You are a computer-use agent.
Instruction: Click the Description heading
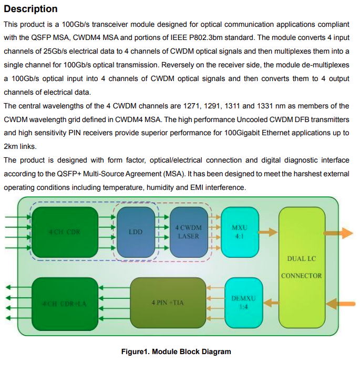pyautogui.click(x=30, y=9)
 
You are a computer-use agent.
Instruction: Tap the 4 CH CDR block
pyautogui.click(x=65, y=232)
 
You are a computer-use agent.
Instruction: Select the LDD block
pyautogui.click(x=136, y=232)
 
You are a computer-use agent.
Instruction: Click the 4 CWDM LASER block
pyautogui.click(x=188, y=232)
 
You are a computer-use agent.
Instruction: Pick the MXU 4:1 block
pyautogui.click(x=239, y=232)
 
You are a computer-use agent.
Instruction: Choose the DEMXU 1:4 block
pyautogui.click(x=243, y=302)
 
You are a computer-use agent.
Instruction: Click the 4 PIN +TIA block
pyautogui.click(x=168, y=303)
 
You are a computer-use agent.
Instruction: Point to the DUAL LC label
pyautogui.click(x=301, y=258)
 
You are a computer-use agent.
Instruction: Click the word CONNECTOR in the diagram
pyautogui.click(x=301, y=275)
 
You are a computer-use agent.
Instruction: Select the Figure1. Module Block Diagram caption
pyautogui.click(x=176, y=351)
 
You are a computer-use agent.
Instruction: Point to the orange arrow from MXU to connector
pyautogui.click(x=269, y=232)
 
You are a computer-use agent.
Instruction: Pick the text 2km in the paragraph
pyautogui.click(x=11, y=147)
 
